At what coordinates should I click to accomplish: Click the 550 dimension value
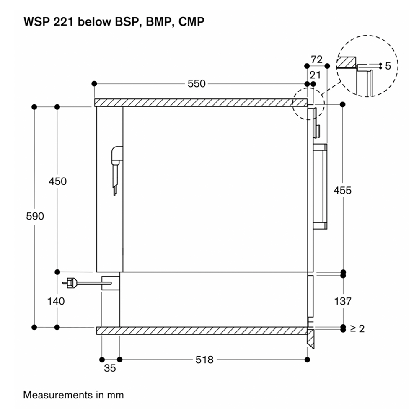[x=197, y=84]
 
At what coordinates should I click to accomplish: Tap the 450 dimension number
[x=58, y=181]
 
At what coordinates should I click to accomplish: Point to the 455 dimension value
[x=342, y=191]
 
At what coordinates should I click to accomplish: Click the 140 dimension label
[x=56, y=301]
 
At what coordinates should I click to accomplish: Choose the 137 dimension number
[x=342, y=301]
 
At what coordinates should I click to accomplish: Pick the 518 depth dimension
[x=204, y=360]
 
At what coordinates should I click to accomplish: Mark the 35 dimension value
[x=109, y=369]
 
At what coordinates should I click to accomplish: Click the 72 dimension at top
[x=317, y=59]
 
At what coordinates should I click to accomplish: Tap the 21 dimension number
[x=314, y=75]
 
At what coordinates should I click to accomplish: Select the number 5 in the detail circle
[x=388, y=66]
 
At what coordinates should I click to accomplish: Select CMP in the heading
[x=191, y=22]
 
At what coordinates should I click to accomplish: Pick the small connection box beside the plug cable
[x=110, y=282]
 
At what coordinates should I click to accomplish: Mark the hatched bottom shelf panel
[x=201, y=331]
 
